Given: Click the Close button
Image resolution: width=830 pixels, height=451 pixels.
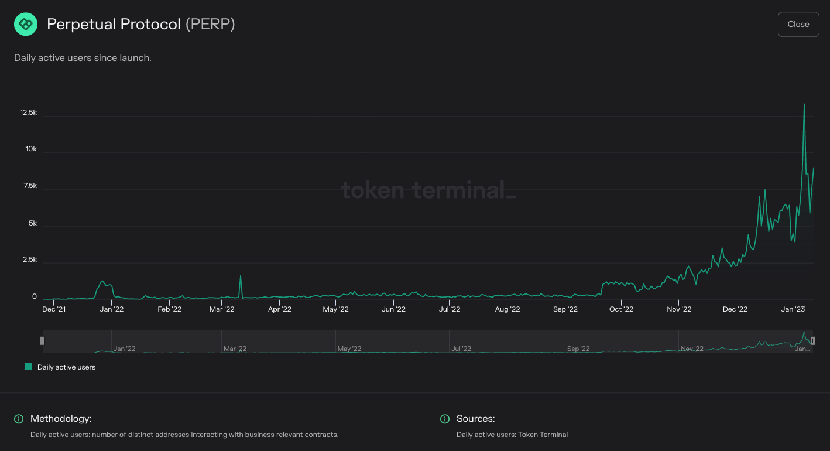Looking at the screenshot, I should click(x=798, y=24).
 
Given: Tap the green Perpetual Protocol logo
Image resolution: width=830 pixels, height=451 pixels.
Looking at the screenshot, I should click(x=26, y=24).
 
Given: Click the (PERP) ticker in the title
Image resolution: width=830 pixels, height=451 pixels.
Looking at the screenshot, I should click(x=210, y=25).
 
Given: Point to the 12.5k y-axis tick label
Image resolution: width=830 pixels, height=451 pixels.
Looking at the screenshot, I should click(x=29, y=112).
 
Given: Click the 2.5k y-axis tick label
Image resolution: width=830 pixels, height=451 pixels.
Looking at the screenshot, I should click(x=29, y=259).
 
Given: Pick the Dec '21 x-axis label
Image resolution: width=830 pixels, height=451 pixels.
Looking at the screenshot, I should click(x=54, y=309).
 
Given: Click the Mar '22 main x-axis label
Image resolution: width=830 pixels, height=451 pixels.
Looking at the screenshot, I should click(x=222, y=309).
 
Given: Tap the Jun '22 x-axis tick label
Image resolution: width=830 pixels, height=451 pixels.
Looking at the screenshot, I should click(x=393, y=309).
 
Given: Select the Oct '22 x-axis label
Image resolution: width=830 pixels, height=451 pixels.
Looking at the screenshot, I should click(x=621, y=309).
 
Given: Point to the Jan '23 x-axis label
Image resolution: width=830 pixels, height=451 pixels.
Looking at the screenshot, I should click(x=793, y=309).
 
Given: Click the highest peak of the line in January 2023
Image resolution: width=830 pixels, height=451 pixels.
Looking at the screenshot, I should click(x=804, y=105).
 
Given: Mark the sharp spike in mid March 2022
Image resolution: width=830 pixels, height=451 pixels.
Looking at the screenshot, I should click(x=240, y=276).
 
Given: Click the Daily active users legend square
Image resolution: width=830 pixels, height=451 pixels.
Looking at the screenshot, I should click(x=28, y=367).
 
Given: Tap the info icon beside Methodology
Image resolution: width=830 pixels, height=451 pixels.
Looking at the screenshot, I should click(x=19, y=419).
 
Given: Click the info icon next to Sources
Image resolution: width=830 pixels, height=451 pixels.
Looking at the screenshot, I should click(x=445, y=419).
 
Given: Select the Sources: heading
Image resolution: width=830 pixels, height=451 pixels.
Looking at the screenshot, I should click(x=475, y=419).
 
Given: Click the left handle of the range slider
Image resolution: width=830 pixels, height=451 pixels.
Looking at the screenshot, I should click(x=42, y=340).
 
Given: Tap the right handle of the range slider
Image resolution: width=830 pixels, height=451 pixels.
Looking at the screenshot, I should click(x=813, y=340).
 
